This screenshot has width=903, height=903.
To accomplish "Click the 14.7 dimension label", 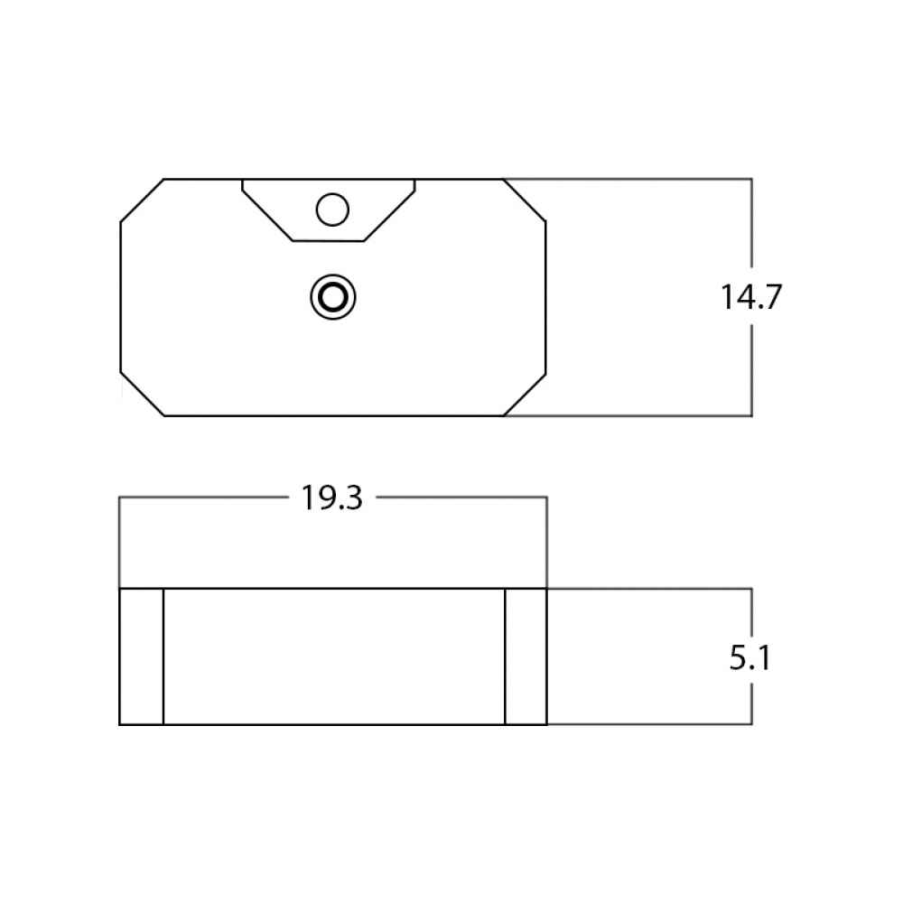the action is (751, 296).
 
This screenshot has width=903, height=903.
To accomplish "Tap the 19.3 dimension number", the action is (331, 498).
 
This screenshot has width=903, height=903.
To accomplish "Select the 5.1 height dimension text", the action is (749, 657).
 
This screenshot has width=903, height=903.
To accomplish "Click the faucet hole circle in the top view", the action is (332, 209).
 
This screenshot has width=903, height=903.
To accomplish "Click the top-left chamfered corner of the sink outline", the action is (143, 200).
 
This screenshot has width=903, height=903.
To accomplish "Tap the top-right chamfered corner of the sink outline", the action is (525, 200).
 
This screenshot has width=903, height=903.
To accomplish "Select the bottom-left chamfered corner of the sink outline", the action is (143, 394).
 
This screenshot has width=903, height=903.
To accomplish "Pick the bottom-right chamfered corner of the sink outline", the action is (525, 395).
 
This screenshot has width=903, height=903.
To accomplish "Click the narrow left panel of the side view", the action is (141, 656).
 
